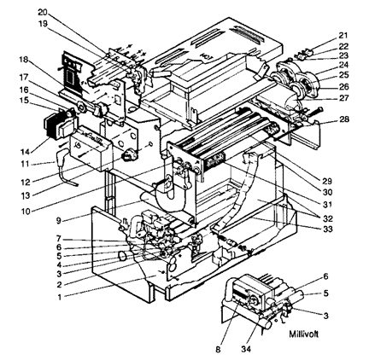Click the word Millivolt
point(303,334)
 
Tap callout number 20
point(44,13)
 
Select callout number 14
point(25,152)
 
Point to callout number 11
point(24,164)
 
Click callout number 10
point(26,212)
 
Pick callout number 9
point(58,220)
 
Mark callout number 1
point(59,298)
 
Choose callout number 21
point(343,36)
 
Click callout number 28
point(343,119)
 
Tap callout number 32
point(328,218)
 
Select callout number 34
point(246,349)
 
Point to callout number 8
point(218,350)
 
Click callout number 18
point(24,60)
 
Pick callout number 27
point(343,98)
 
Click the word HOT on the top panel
point(207,55)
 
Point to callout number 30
point(327,193)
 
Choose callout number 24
point(343,65)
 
